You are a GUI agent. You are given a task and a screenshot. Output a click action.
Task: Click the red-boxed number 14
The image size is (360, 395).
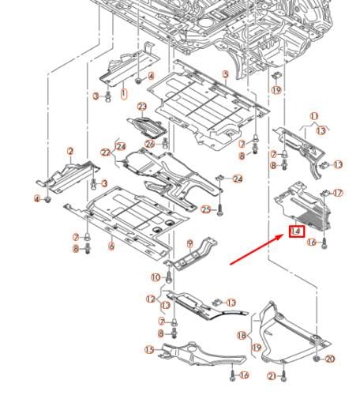click(x=297, y=231)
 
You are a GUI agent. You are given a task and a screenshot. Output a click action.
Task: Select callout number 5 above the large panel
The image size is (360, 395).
click(x=225, y=73)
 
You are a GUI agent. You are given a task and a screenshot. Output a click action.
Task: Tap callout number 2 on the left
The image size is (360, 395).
click(x=70, y=151)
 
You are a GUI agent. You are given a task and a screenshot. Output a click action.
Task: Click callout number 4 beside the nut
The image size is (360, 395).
click(x=36, y=199)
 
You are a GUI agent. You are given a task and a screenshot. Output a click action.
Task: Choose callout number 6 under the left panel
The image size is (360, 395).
click(x=111, y=246)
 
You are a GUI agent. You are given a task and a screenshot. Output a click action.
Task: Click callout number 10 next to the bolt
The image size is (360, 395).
click(x=156, y=276)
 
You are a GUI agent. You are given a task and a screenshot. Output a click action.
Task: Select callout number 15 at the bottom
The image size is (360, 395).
click(x=148, y=349)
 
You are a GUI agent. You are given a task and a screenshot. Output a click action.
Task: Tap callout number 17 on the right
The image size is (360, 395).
click(x=338, y=193)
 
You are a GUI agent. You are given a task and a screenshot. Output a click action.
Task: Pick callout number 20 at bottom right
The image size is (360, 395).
click(x=330, y=359)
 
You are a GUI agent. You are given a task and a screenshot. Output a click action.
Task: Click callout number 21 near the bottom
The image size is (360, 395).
click(x=271, y=376)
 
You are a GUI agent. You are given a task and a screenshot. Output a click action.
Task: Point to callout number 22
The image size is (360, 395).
click(x=105, y=152)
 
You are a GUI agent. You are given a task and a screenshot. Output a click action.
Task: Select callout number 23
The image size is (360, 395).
click(x=142, y=107)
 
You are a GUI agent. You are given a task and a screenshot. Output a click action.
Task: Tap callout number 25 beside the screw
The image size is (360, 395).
click(x=205, y=209)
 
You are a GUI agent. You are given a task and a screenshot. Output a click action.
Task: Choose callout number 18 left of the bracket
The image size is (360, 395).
click(x=242, y=336)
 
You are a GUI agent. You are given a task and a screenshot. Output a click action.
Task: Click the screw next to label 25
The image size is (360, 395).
click(x=219, y=210)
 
